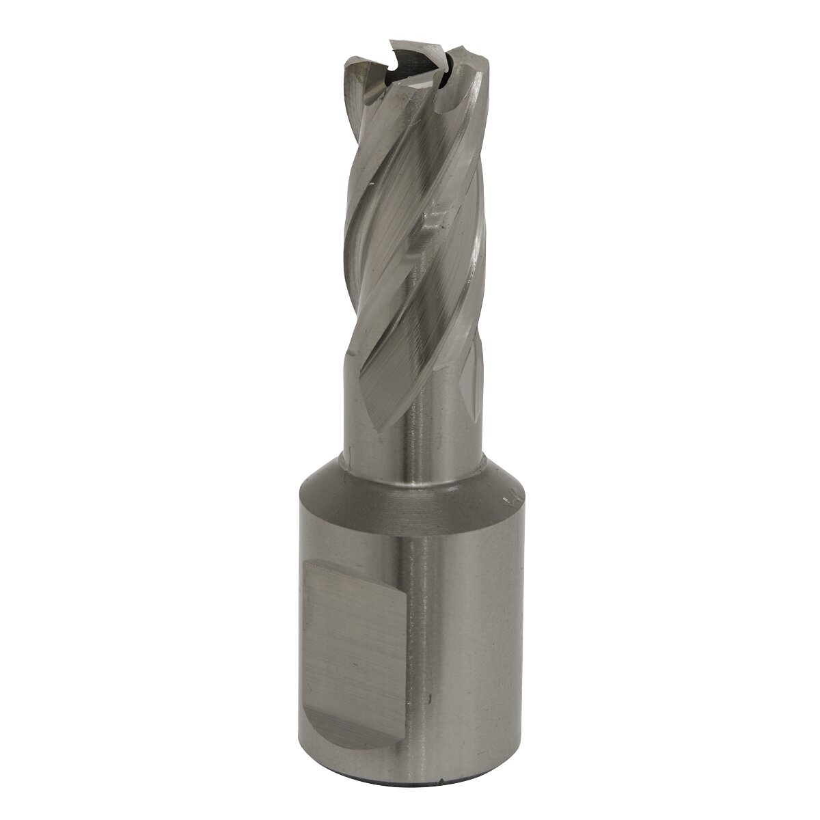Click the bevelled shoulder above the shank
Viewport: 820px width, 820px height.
[x=410, y=495]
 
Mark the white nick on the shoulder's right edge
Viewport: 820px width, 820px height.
[x=509, y=497]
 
